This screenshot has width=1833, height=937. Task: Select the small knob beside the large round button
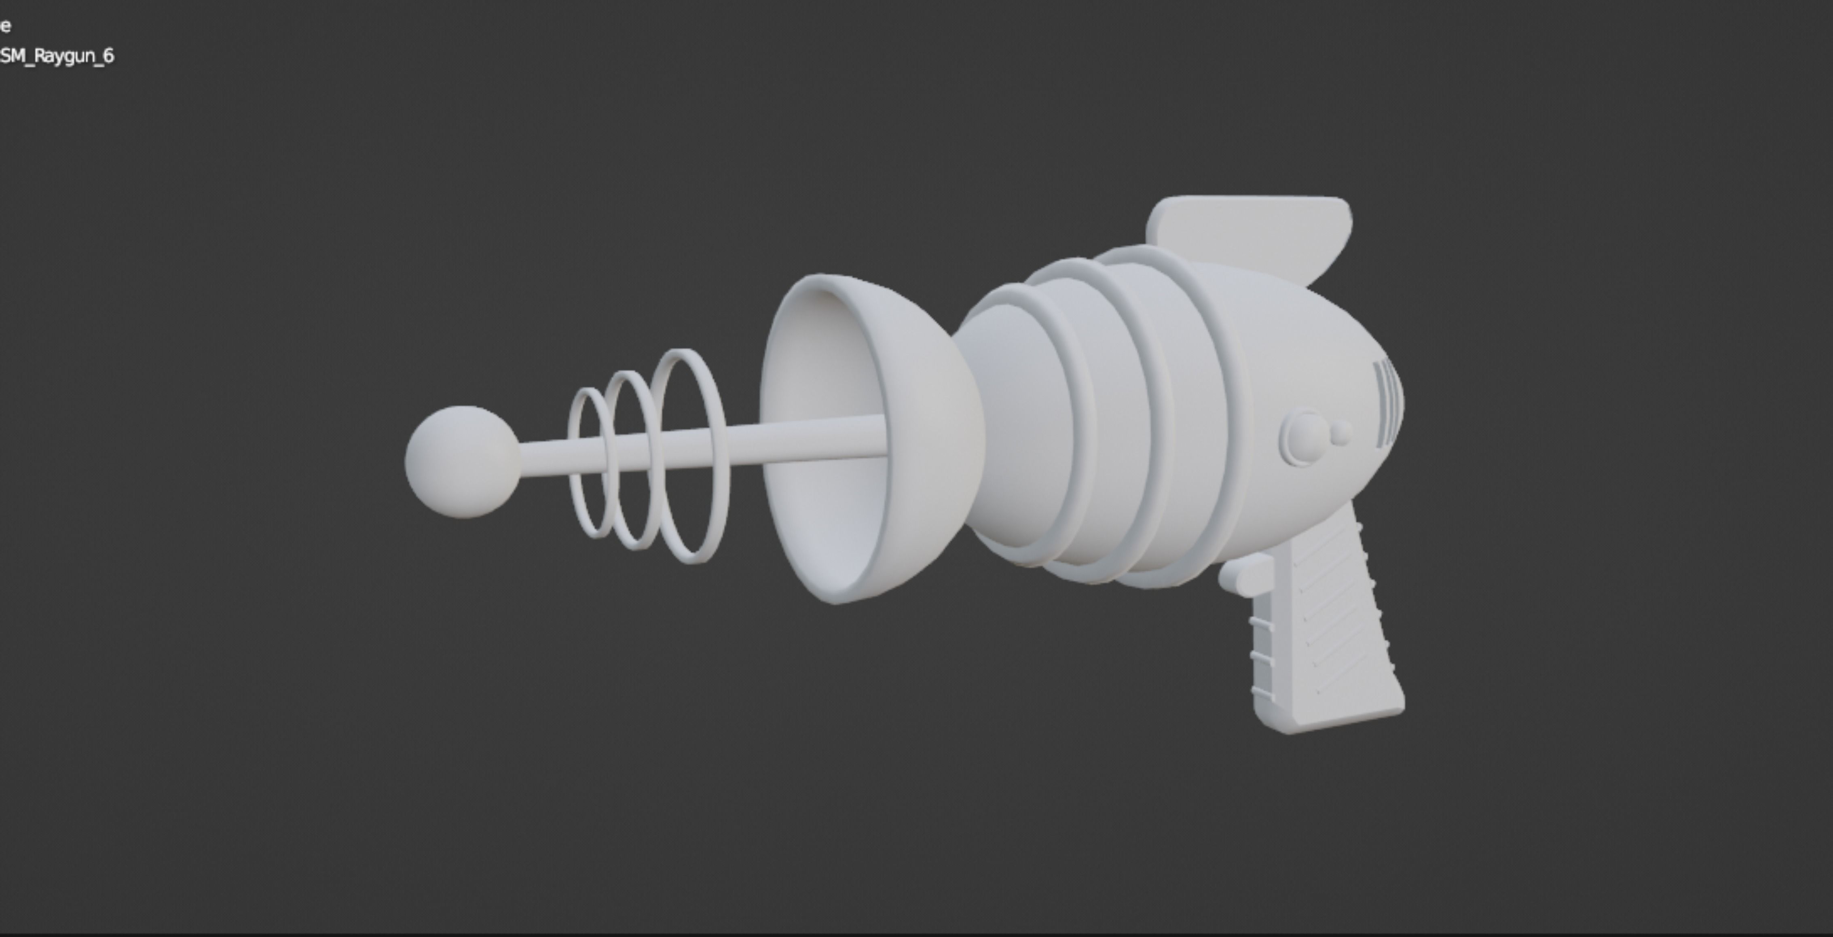tap(1340, 434)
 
